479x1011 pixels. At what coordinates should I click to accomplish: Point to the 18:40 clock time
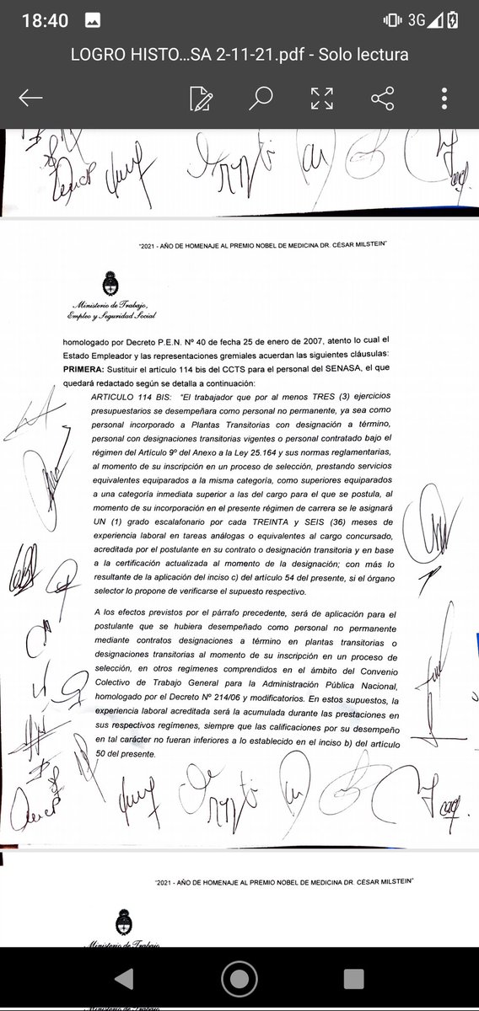coord(46,21)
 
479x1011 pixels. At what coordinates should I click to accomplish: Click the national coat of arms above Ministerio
coord(109,281)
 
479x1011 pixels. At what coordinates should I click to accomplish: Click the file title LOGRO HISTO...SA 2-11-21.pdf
coord(239,55)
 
